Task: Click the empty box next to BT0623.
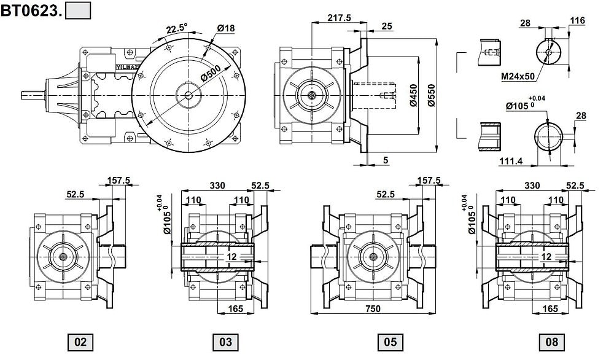pyautogui.click(x=78, y=10)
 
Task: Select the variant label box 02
pyautogui.click(x=80, y=342)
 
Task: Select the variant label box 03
pyautogui.click(x=225, y=342)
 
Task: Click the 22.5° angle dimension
pyautogui.click(x=177, y=29)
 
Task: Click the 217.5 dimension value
pyautogui.click(x=339, y=18)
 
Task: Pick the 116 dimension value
pyautogui.click(x=577, y=21)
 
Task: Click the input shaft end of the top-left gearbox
pyautogui.click(x=31, y=95)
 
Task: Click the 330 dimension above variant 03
pyautogui.click(x=218, y=186)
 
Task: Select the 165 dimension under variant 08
pyautogui.click(x=551, y=308)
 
